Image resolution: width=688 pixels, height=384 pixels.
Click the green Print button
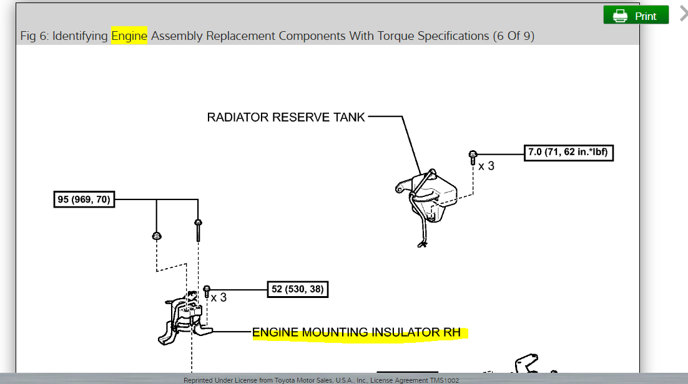coord(636,16)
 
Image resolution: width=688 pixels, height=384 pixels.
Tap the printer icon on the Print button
coord(619,16)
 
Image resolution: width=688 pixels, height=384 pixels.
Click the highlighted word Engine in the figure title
coord(129,36)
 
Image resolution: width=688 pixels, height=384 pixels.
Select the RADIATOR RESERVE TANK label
coord(286,117)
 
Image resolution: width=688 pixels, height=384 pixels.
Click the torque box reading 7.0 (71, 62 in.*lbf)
coord(569,152)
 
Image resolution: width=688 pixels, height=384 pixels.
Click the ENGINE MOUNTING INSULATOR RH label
coord(356,333)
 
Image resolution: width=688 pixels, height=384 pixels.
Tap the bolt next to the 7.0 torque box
coord(473,157)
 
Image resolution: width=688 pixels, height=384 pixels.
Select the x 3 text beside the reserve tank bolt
coord(486,166)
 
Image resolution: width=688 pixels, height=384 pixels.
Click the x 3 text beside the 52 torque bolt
coord(219,298)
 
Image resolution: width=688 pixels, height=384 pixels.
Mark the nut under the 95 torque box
coord(156,236)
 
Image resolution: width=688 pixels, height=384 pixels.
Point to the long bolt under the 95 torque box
coord(198,230)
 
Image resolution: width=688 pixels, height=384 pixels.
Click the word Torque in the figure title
coord(396,36)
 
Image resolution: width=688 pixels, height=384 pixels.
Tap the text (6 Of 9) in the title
coord(513,36)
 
